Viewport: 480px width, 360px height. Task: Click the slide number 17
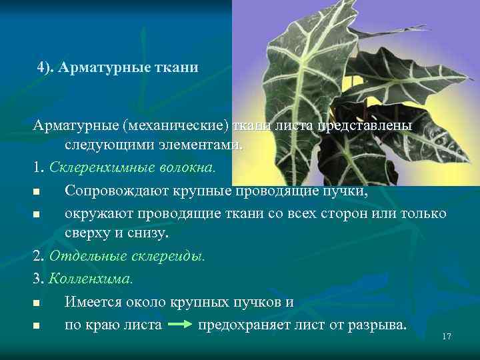[447, 337]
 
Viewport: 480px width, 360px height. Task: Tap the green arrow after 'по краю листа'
[179, 325]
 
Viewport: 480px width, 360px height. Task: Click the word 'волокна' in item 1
[192, 166]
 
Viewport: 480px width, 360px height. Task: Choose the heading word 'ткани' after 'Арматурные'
[177, 68]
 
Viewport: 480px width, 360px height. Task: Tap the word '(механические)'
[165, 125]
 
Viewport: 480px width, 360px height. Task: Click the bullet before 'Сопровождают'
[35, 193]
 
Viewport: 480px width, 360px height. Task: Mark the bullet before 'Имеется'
[35, 303]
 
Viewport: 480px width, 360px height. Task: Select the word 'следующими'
[107, 145]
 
